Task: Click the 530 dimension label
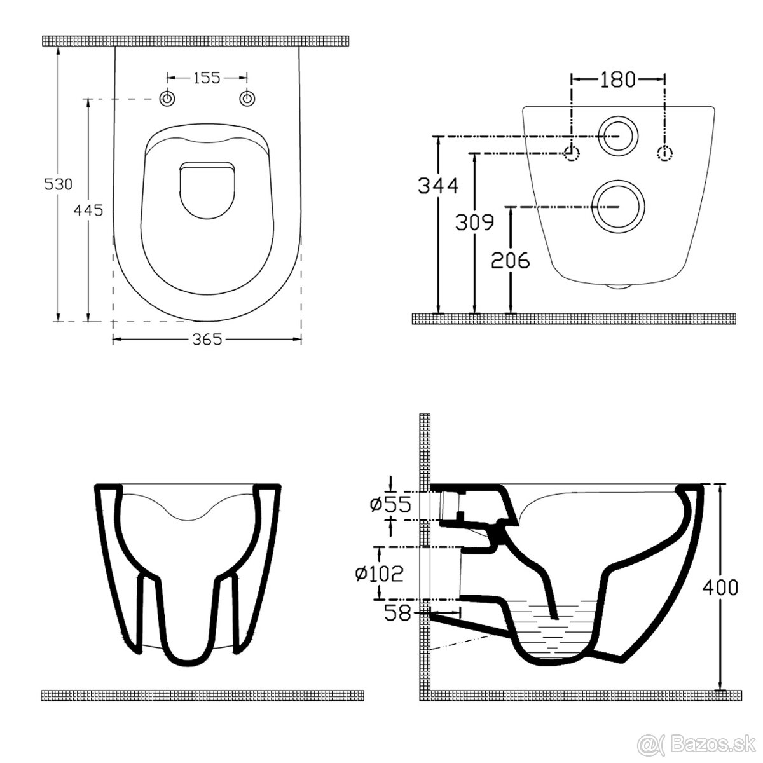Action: click(58, 184)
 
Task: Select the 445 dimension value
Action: click(88, 210)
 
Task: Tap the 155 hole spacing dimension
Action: click(207, 78)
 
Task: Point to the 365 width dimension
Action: click(207, 340)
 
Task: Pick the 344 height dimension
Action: click(438, 186)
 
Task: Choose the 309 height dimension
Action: click(474, 222)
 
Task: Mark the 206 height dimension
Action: click(510, 259)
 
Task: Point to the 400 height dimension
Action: click(720, 588)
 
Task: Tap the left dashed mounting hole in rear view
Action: click(572, 153)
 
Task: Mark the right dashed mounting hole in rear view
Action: click(664, 153)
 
